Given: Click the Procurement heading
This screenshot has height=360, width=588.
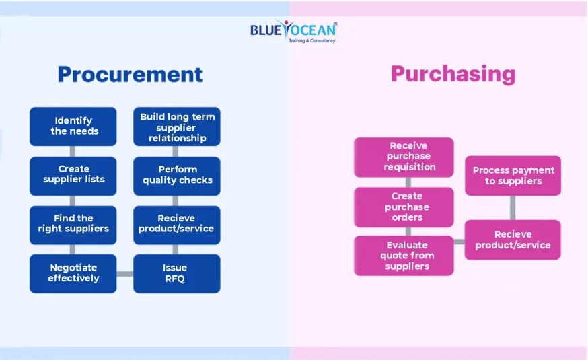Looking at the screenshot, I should (130, 74).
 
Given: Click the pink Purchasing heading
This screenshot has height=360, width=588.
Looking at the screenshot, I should (453, 74).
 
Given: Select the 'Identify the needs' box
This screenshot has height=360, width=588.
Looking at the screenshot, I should (73, 126).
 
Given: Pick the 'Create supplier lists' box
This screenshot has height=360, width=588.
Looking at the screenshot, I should (73, 174).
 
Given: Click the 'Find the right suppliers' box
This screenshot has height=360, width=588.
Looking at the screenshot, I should (73, 224).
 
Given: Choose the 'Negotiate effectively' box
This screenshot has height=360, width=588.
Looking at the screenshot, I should (73, 273).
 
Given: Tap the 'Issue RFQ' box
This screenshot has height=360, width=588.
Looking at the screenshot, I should (176, 273).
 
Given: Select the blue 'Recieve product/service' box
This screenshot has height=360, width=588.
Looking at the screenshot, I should (176, 224).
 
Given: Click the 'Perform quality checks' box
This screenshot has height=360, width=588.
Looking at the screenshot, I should (176, 175).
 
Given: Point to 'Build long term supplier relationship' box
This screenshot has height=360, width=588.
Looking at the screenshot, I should (176, 127).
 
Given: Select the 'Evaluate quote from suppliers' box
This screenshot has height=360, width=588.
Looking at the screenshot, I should (404, 256).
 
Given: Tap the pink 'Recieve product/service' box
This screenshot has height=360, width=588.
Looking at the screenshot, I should (513, 240).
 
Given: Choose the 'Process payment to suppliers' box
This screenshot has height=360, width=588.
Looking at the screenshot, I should (513, 176).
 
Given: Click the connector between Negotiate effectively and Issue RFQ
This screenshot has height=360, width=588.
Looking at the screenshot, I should (124, 274).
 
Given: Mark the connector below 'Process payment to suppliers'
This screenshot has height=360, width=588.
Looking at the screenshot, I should (513, 207).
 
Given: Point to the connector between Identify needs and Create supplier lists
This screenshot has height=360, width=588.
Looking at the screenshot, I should (73, 151).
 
